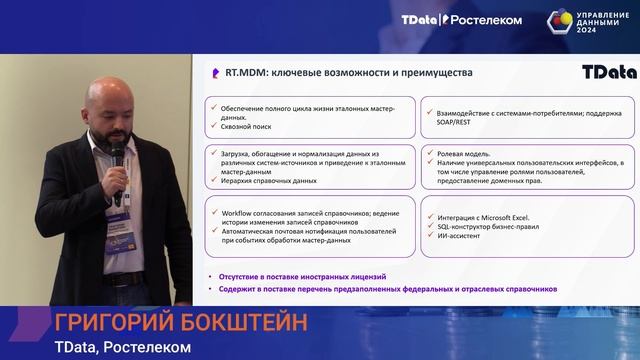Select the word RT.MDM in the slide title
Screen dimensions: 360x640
[x=242, y=73]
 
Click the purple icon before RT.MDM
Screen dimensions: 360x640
[x=215, y=73]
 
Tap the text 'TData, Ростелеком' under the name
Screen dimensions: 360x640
[x=121, y=348]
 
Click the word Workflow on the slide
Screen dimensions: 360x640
[x=231, y=212]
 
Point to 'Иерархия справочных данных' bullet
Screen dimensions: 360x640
[x=266, y=181]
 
